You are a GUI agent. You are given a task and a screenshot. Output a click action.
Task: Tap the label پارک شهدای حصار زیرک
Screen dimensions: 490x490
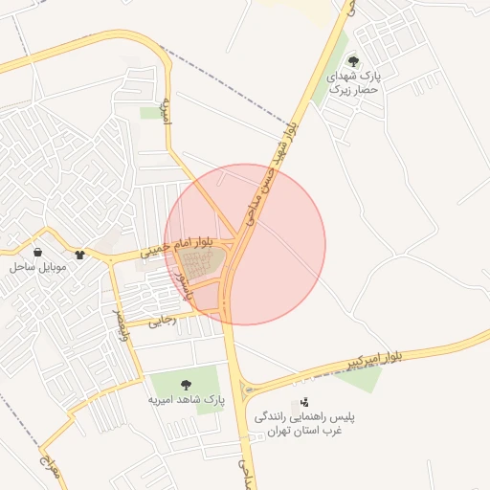(355, 82)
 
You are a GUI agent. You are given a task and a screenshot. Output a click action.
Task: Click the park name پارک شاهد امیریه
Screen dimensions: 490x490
(185, 401)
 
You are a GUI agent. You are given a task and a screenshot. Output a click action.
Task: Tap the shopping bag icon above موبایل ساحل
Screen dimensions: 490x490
(37, 253)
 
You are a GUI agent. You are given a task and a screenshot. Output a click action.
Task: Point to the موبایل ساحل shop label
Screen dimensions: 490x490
(37, 267)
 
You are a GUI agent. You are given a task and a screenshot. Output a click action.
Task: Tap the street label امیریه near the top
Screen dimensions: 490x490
(167, 111)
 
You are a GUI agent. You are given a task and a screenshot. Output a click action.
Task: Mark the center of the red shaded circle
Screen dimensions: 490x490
(245, 244)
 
